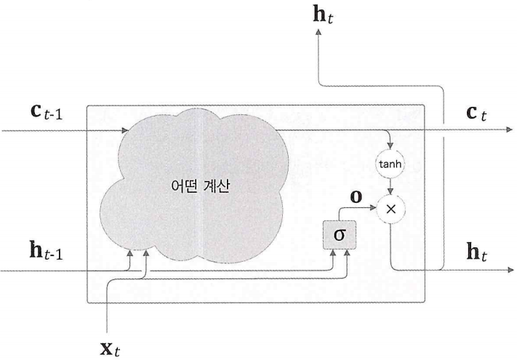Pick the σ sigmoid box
click(338, 235)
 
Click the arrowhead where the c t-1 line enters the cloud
click(128, 131)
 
